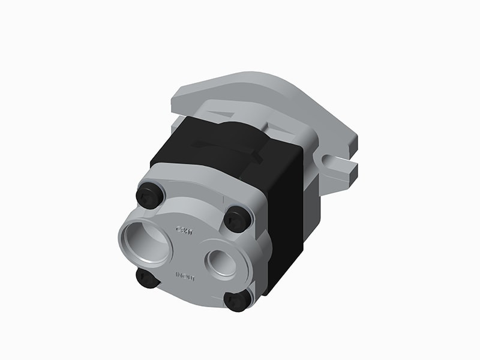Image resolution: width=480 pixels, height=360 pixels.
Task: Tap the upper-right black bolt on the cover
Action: click(238, 219)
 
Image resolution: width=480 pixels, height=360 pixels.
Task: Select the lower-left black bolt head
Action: click(147, 278)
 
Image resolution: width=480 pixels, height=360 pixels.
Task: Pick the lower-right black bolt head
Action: click(238, 299)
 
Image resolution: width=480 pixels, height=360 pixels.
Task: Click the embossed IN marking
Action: click(179, 276)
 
